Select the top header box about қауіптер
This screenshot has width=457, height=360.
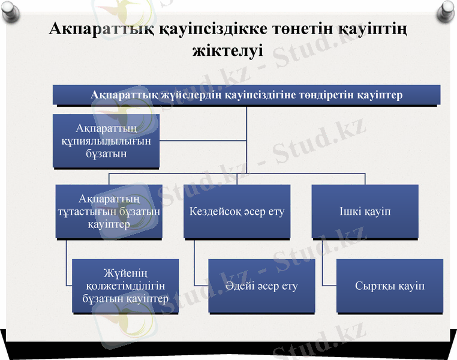246,95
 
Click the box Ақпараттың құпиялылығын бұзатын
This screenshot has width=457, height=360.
106,140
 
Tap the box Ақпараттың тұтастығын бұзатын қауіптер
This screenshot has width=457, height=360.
109,211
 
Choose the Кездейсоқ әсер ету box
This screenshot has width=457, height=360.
237,211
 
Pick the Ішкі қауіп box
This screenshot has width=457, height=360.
365,211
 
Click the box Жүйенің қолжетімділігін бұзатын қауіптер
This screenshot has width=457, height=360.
125,286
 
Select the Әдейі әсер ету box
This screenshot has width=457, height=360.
261,286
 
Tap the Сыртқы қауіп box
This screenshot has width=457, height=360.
390,286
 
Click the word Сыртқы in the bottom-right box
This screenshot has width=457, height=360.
375,286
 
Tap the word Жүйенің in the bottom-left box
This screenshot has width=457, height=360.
125,274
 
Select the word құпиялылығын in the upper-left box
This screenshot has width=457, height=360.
106,141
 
